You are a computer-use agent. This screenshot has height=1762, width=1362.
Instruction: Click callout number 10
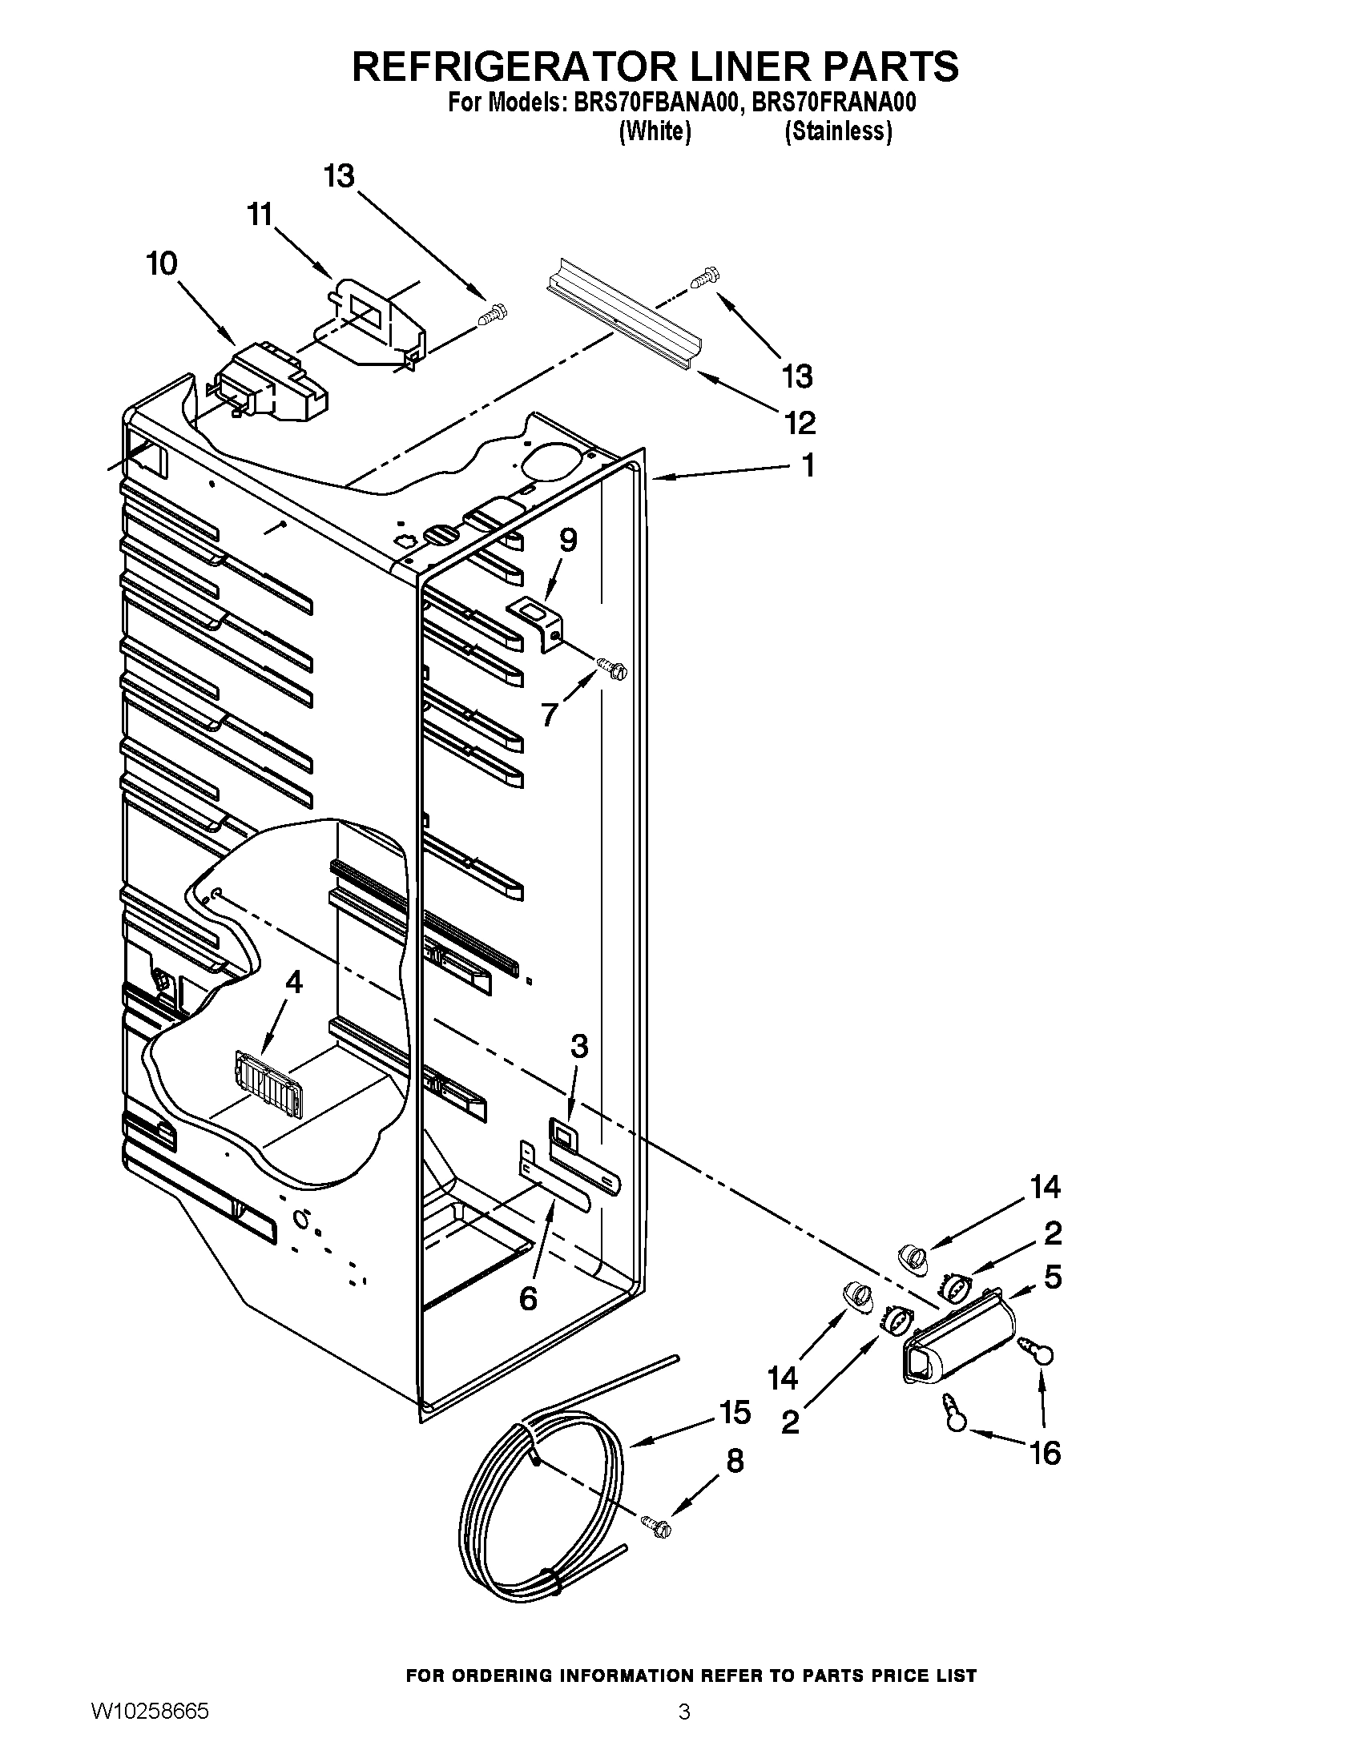pyautogui.click(x=161, y=263)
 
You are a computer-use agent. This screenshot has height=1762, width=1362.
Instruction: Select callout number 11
pyautogui.click(x=260, y=215)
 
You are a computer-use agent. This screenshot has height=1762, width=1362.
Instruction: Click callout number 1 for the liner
pyautogui.click(x=807, y=465)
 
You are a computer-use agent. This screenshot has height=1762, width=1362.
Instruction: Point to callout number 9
pyautogui.click(x=568, y=540)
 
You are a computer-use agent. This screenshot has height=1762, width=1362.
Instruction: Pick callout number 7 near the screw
pyautogui.click(x=550, y=714)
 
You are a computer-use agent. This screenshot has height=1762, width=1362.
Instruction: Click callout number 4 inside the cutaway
pyautogui.click(x=294, y=982)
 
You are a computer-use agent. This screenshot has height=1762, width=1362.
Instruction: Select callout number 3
pyautogui.click(x=578, y=1047)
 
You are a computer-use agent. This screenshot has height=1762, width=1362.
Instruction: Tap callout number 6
pyautogui.click(x=528, y=1298)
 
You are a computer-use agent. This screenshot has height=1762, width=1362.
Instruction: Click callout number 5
pyautogui.click(x=1052, y=1277)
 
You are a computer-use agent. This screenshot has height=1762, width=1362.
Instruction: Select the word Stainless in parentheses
pyautogui.click(x=838, y=131)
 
